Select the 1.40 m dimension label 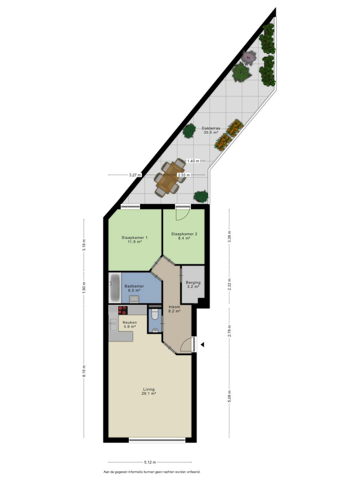point(193,161)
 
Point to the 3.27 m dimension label point(135,175)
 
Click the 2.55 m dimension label point(184,175)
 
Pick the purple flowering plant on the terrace point(249,58)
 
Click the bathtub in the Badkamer point(115,288)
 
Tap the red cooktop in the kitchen point(123,310)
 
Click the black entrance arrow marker point(203,345)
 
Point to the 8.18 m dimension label point(84,371)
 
